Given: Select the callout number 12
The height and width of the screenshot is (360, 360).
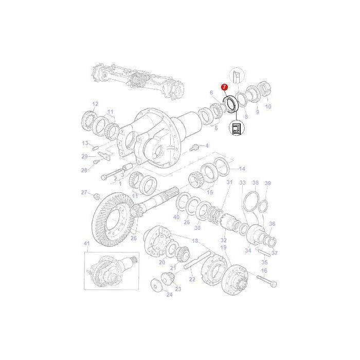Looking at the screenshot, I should (95, 104).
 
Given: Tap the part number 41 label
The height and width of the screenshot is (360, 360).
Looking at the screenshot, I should (87, 243).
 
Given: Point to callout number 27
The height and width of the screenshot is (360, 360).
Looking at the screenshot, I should (84, 192).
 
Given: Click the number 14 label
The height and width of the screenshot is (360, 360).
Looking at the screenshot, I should (242, 169).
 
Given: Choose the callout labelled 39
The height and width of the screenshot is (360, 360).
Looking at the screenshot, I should (267, 183).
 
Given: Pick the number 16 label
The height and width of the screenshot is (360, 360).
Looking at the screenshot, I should (264, 271).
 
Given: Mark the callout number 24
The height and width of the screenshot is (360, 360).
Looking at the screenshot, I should (155, 295).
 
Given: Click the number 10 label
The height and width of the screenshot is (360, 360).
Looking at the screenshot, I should (267, 107).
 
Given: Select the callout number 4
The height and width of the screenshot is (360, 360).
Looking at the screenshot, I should (207, 146).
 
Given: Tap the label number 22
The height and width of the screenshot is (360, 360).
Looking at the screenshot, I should (192, 279).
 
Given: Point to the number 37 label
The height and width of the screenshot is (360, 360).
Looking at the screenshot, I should (275, 253).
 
